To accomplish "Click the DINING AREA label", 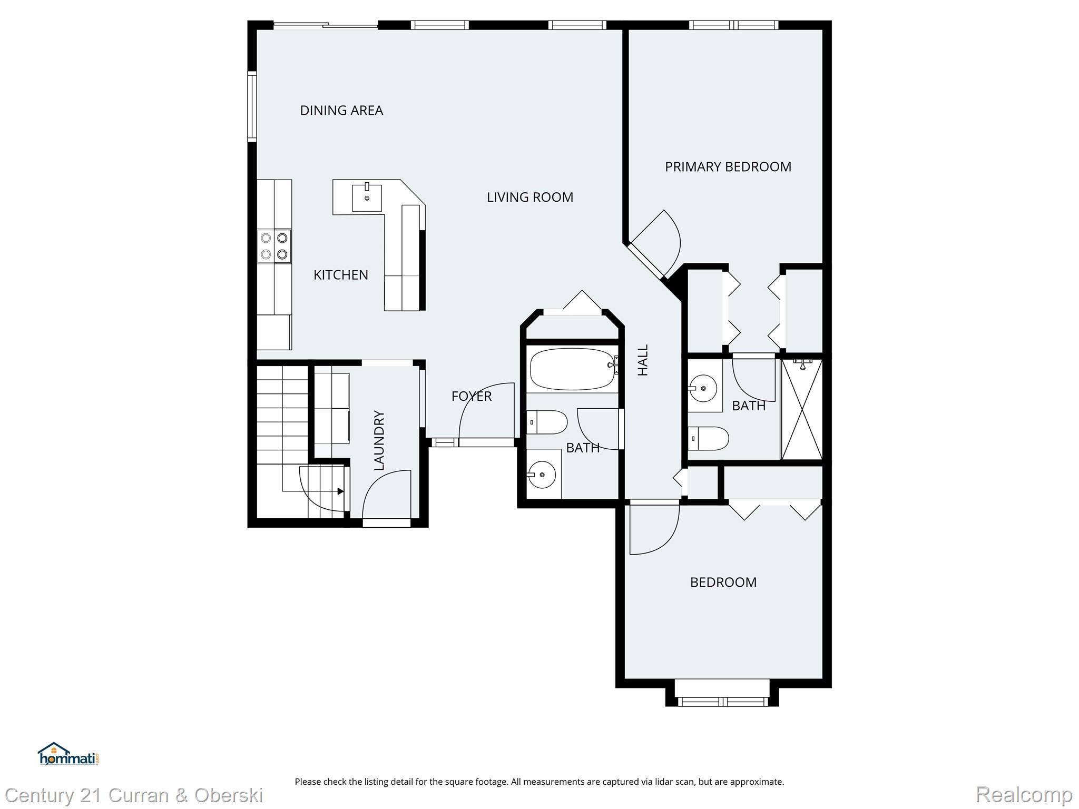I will click(341, 110).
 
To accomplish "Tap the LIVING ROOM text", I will click(529, 197).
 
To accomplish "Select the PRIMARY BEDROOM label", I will click(728, 166).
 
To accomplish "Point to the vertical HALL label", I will click(643, 360).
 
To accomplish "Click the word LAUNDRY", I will click(379, 440).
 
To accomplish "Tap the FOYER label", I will click(472, 396).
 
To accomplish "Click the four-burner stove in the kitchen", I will click(274, 246).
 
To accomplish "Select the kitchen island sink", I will click(367, 198).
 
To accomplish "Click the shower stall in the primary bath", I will click(801, 409).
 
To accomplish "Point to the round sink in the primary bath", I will click(703, 388).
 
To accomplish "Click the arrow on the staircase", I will click(340, 491).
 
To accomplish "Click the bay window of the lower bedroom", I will click(722, 701).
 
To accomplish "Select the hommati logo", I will click(68, 754).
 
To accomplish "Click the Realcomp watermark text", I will click(1024, 794).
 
